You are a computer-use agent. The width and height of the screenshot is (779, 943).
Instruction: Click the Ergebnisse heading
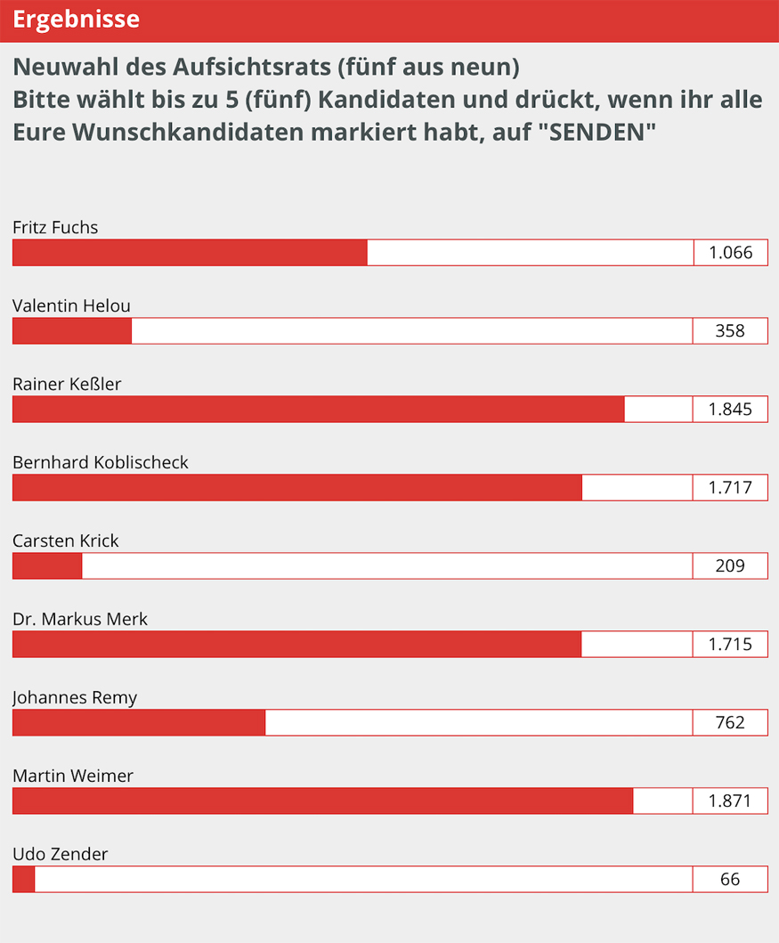[76, 20]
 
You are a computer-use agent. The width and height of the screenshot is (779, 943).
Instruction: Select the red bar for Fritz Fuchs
[190, 253]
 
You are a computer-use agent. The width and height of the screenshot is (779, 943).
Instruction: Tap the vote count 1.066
[730, 253]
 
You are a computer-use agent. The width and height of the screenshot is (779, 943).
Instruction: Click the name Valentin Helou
[71, 305]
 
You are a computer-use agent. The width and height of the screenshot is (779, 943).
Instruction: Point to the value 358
[730, 331]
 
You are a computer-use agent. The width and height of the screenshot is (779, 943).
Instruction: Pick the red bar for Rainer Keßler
[318, 410]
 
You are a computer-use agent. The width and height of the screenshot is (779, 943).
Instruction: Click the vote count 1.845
[730, 410]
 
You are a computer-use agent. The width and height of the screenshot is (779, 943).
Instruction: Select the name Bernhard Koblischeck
[101, 462]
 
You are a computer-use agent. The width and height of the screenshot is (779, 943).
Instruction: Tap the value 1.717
[730, 488]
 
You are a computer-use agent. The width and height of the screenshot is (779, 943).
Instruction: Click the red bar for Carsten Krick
[47, 566]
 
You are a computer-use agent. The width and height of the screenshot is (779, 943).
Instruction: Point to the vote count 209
[730, 566]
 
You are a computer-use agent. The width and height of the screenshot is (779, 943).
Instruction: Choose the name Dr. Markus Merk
[80, 619]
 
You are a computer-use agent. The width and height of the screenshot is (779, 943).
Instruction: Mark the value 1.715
[730, 645]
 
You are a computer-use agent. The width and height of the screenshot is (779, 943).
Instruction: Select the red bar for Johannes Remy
[139, 723]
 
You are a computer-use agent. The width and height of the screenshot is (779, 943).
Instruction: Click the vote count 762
[730, 723]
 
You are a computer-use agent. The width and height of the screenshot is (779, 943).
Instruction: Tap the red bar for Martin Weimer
[322, 801]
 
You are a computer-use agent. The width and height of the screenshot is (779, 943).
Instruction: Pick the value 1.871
[730, 801]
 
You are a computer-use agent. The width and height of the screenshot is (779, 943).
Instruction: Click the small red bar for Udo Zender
[23, 880]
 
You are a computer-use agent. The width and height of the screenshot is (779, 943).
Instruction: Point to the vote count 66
[730, 880]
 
